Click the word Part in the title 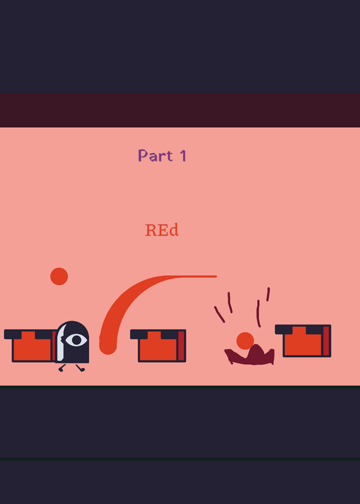155,155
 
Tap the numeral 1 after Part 183,155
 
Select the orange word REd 162,230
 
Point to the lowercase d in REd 174,230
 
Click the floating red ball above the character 59,277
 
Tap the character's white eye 76,340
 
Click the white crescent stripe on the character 61,342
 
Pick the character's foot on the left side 61,368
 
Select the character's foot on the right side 81,368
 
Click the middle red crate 158,345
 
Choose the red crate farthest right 303,341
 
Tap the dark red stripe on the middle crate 181,345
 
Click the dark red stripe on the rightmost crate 326,341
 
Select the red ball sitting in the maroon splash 245,341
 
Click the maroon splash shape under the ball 250,356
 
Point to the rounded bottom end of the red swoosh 108,346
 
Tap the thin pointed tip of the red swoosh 216,276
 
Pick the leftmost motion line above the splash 219,314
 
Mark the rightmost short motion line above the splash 268,294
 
